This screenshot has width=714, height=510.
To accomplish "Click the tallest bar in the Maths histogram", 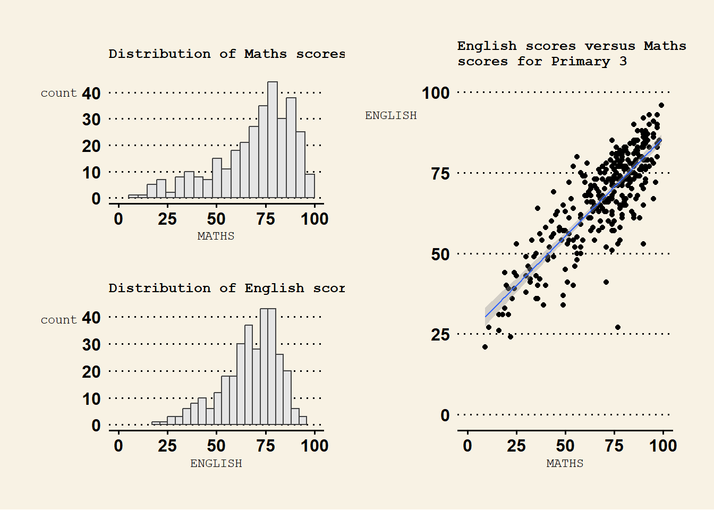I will click(273, 140).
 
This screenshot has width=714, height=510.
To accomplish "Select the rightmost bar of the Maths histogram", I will click(310, 186).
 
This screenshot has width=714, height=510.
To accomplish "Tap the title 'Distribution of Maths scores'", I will click(226, 54).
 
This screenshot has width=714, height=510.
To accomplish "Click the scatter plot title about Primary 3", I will click(571, 54).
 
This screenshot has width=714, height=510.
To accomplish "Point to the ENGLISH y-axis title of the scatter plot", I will click(390, 115).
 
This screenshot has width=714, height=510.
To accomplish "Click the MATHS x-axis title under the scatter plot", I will click(565, 463).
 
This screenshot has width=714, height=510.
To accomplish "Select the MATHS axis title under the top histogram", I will click(216, 236).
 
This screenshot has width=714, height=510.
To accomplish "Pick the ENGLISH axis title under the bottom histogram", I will click(216, 463).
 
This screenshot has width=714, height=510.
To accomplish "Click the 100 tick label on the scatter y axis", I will click(436, 93).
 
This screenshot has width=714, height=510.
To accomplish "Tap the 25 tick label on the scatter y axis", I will click(440, 335).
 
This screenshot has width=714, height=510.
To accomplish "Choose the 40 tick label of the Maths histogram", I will click(91, 93).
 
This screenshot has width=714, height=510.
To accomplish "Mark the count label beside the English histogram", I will click(58, 320).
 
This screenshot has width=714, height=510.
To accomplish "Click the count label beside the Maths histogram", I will click(58, 93).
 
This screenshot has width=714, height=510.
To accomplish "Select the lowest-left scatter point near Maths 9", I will click(485, 347).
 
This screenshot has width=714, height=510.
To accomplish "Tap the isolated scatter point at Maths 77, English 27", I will click(618, 327).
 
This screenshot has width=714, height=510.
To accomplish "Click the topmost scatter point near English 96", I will click(661, 105).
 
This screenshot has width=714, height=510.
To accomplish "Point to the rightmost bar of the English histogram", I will click(303, 420).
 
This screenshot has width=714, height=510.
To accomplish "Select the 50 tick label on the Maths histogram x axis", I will click(216, 219).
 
